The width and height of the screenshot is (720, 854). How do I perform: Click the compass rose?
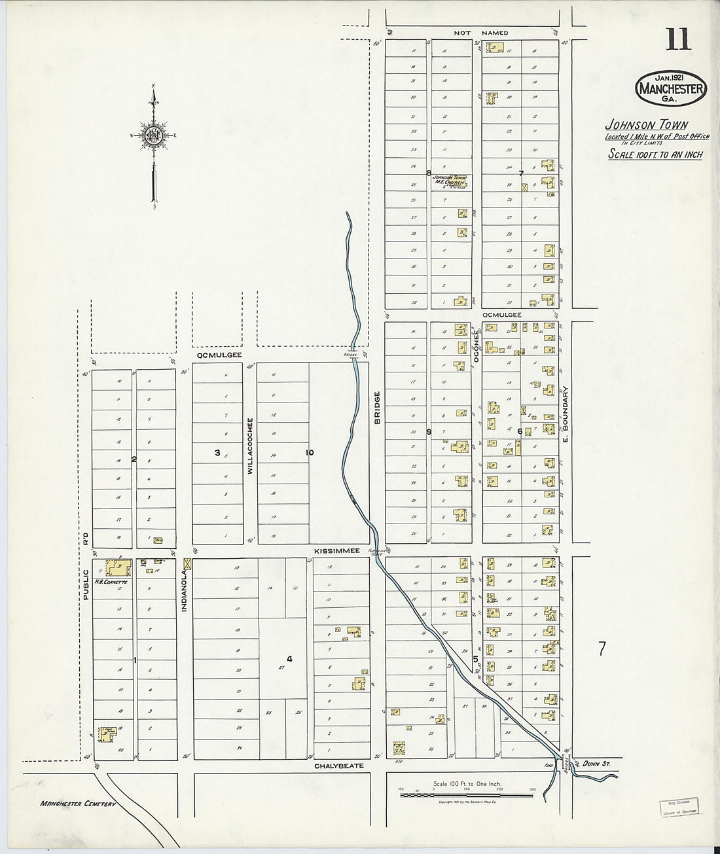click(x=154, y=135)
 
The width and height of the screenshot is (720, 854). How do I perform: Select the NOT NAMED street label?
click(x=482, y=33)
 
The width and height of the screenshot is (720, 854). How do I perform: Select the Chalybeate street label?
click(x=338, y=765)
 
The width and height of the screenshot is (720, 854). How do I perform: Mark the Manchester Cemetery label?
click(x=77, y=803)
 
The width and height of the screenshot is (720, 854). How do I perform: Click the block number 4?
click(x=289, y=659)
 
